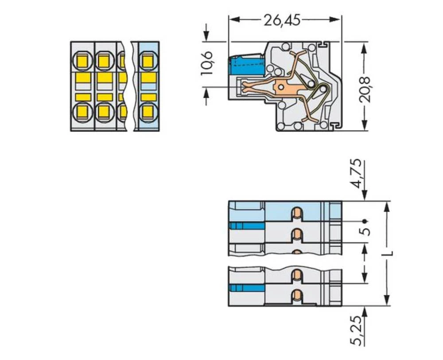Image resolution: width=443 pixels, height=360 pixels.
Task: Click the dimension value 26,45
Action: (282, 20)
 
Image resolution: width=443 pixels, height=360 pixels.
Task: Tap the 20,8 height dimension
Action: (365, 89)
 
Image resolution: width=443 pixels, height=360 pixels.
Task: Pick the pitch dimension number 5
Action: (365, 231)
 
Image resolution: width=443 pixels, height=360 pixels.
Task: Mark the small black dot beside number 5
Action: (364, 221)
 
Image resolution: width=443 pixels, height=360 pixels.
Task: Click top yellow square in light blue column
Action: (148, 59)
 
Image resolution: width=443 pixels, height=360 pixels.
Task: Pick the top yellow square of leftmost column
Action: (83, 60)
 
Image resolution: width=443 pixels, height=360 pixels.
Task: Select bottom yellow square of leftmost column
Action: (83, 111)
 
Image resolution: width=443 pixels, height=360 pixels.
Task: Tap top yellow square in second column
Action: (105, 60)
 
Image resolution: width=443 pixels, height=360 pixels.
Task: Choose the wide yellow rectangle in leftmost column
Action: (83, 78)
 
